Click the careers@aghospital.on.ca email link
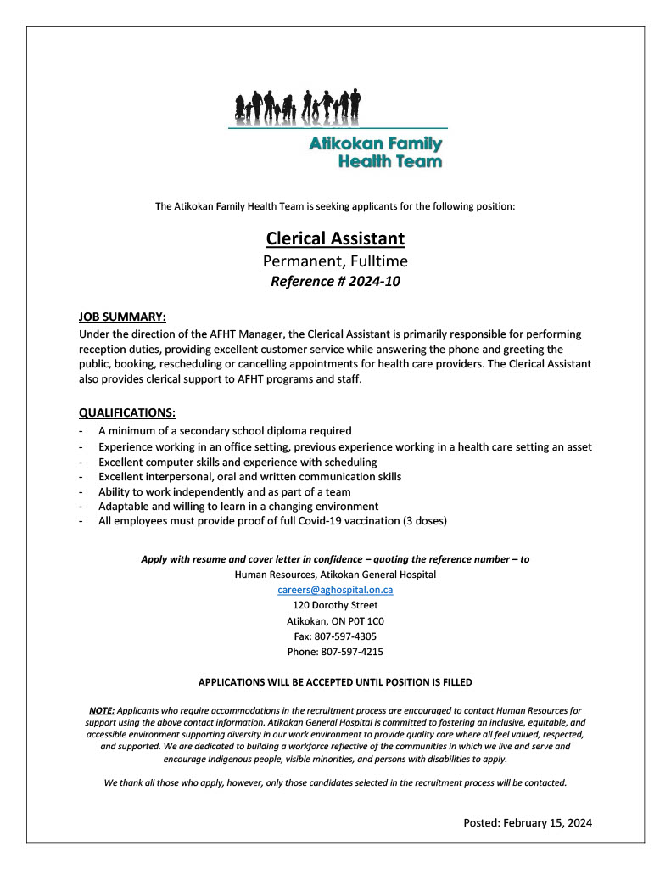[x=335, y=590]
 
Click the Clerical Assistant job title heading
[x=335, y=238]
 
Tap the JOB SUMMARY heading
[x=122, y=317]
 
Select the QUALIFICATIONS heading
[x=127, y=413]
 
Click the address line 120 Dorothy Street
[x=335, y=605]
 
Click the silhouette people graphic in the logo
[x=298, y=105]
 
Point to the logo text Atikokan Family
[x=375, y=144]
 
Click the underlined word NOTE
[x=102, y=709]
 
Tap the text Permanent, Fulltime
[x=335, y=261]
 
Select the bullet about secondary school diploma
[x=225, y=431]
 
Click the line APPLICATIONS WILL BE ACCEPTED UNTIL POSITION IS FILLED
[x=335, y=682]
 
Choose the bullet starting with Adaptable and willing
[x=238, y=507]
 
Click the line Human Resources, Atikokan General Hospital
[x=335, y=575]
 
